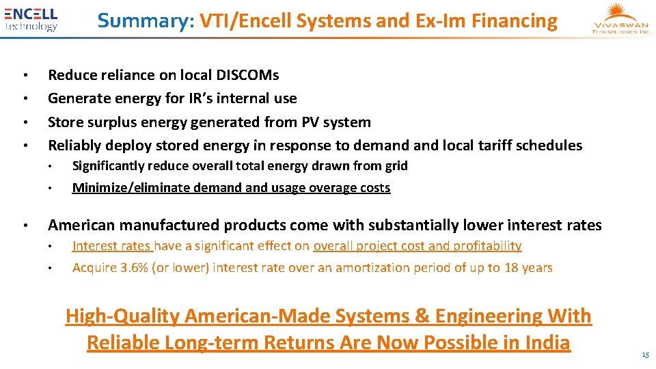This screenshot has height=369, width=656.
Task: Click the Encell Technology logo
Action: click(x=31, y=19)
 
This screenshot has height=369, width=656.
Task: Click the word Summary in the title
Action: click(x=146, y=21)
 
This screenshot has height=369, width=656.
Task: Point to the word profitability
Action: click(x=486, y=246)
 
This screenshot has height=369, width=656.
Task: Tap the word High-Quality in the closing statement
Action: click(x=122, y=316)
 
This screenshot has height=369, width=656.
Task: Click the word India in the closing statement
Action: click(x=545, y=342)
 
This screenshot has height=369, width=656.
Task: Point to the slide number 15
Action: click(x=645, y=355)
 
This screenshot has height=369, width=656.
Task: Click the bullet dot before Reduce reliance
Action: click(x=24, y=74)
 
